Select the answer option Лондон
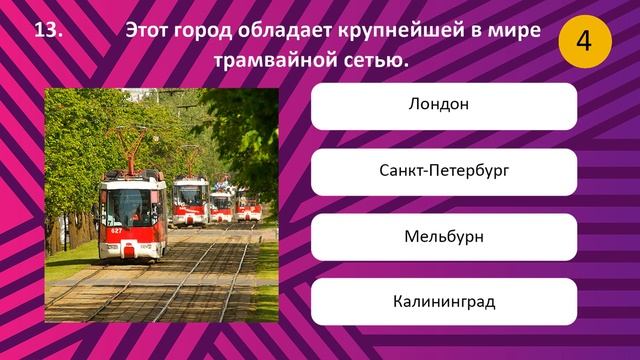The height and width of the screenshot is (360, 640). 443,105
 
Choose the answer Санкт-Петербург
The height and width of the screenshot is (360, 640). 443,171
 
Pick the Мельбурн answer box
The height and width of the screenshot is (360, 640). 443,236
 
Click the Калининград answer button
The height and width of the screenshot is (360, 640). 443,301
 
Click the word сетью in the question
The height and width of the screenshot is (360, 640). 378,62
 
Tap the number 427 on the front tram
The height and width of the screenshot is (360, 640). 117,231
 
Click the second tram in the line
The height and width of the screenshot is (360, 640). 189,202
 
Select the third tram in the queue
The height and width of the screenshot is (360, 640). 221,206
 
